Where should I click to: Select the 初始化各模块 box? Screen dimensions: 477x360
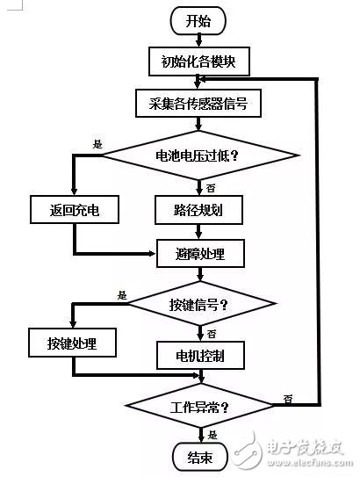coord(201,61)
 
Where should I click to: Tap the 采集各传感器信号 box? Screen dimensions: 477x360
coord(201,103)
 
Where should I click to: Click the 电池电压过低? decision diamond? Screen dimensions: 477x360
coord(201,156)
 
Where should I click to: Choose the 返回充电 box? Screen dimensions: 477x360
coord(73,211)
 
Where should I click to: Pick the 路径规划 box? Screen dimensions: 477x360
coord(201,211)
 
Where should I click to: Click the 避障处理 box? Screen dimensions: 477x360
coord(201,254)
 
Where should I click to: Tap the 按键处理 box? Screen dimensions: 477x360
coord(73,343)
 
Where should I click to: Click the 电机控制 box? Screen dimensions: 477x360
coord(201,357)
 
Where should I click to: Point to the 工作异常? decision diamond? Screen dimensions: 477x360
coord(201,408)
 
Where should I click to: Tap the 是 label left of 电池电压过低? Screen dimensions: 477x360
coord(96,143)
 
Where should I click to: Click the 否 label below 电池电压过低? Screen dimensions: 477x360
coord(211,187)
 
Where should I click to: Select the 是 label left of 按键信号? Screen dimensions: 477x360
coord(121,295)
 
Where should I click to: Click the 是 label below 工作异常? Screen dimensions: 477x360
coord(212,435)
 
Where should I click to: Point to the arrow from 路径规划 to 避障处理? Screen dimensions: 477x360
coord(201,232)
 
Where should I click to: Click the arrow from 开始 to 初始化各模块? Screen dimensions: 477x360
coord(201,40)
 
